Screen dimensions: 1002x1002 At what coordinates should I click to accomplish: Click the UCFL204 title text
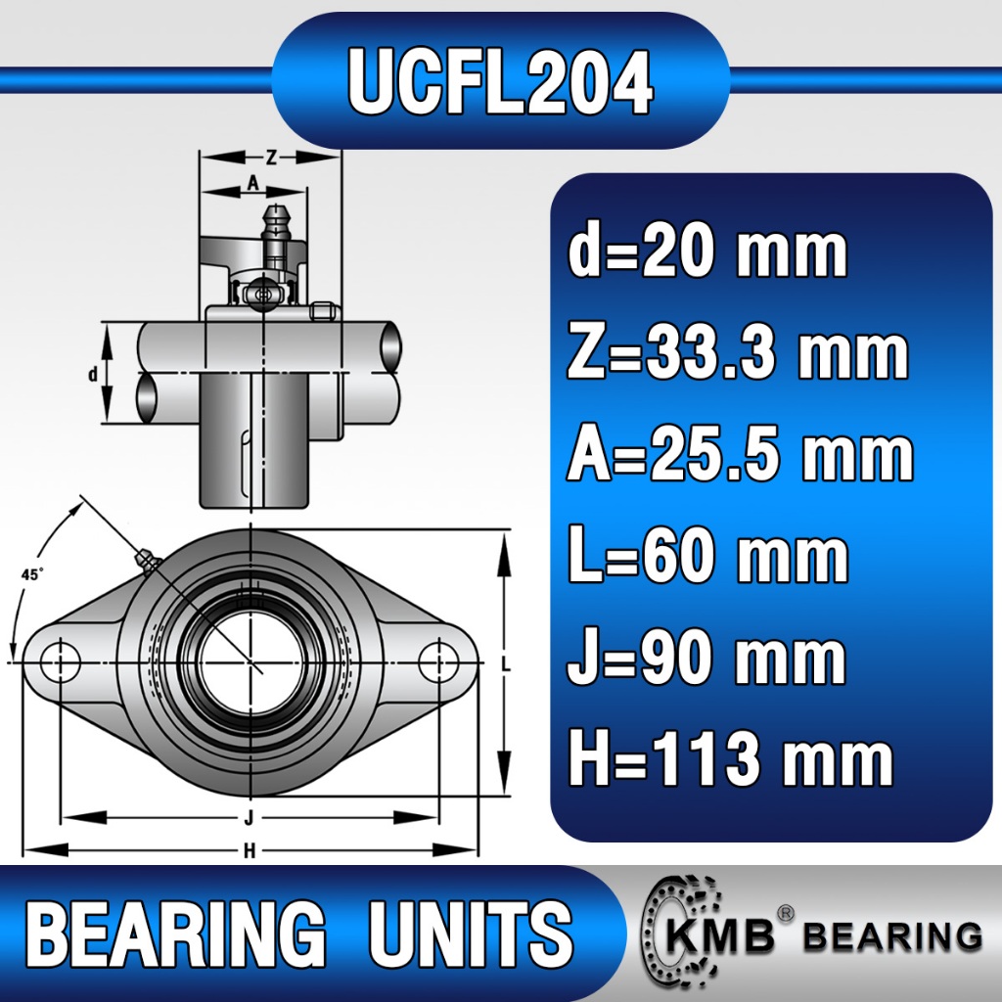click(500, 82)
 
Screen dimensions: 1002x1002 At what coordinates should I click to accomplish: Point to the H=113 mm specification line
click(731, 758)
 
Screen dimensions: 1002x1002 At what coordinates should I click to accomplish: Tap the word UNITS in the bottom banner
click(471, 934)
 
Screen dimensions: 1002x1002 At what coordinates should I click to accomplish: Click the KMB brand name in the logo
click(720, 936)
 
